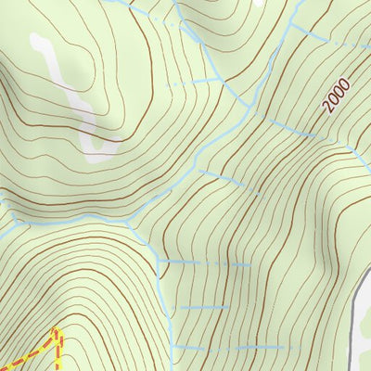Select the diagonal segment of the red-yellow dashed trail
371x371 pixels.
(28, 352)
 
